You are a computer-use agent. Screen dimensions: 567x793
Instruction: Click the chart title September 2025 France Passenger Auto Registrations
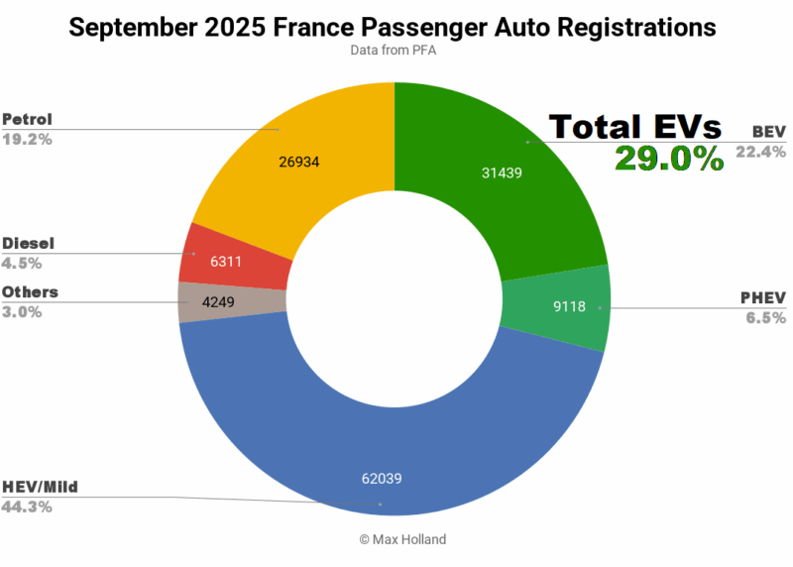tap(395, 27)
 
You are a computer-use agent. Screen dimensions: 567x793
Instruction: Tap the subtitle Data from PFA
tap(395, 52)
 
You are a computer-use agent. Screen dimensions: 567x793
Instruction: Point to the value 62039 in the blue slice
tap(381, 480)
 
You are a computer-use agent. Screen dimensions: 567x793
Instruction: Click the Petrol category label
tap(27, 120)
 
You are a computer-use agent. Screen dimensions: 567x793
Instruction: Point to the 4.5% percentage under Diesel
tap(21, 263)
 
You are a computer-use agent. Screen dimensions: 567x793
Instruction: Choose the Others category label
tap(30, 292)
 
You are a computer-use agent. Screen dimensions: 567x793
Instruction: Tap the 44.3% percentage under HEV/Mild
tap(27, 507)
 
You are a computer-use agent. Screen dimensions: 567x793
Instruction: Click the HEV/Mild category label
tap(40, 487)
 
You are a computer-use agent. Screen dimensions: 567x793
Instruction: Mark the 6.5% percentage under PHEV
tap(766, 317)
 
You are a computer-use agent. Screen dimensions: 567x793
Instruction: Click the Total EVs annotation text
tap(634, 127)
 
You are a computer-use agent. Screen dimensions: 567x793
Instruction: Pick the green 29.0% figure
tap(668, 159)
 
